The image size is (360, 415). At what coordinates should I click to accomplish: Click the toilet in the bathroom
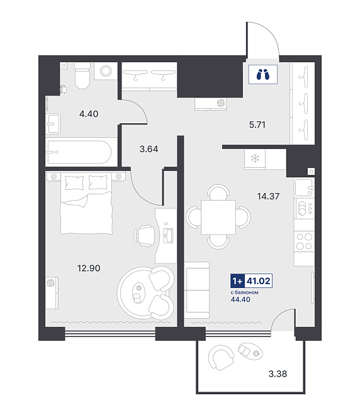coord(82,75)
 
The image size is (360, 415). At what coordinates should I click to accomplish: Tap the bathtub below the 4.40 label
coord(79,152)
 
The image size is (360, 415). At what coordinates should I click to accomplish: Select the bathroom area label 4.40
coord(89,114)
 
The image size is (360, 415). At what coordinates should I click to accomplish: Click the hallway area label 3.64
coord(149,149)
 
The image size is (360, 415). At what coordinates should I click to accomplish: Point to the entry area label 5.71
coord(257,124)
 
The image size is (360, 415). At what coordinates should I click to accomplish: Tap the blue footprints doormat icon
coord(263,74)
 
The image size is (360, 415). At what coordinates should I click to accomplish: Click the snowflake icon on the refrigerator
coord(255,158)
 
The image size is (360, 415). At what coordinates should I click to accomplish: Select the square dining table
coord(218,217)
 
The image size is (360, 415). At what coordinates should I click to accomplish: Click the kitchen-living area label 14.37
coord(268,196)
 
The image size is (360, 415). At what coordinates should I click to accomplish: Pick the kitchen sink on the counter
coord(304,187)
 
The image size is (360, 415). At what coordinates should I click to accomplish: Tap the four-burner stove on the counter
coord(304,241)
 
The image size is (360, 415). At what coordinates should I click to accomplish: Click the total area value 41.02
coord(258,280)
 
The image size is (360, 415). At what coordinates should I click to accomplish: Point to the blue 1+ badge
coord(237,280)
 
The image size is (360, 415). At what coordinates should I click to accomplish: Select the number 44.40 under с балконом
coord(240,299)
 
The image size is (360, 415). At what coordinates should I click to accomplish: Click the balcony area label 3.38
coord(278,373)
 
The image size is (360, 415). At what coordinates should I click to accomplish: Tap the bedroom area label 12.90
coord(89,268)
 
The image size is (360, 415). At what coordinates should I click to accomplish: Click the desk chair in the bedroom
coord(144,235)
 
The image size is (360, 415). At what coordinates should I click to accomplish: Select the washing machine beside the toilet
coord(106,71)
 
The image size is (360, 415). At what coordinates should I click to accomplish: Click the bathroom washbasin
coord(53,124)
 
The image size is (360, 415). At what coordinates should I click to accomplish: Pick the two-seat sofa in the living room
coord(198,290)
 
